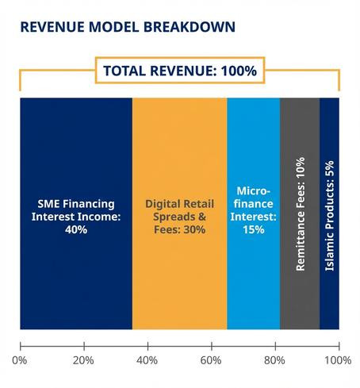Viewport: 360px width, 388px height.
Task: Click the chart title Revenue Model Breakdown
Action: pyautogui.click(x=127, y=27)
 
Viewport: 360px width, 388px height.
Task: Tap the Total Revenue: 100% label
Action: pyautogui.click(x=180, y=71)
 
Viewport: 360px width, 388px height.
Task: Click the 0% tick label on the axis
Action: pyautogui.click(x=21, y=360)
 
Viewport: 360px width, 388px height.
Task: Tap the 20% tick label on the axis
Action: pyautogui.click(x=84, y=360)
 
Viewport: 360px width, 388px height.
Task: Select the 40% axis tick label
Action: pyautogui.click(x=147, y=360)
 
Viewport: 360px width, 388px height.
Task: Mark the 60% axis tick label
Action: pyautogui.click(x=211, y=360)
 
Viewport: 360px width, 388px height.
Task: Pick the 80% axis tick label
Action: pyautogui.click(x=274, y=360)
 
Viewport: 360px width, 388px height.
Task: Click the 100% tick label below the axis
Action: pyautogui.click(x=338, y=360)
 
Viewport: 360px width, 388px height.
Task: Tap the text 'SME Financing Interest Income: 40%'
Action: pyautogui.click(x=76, y=215)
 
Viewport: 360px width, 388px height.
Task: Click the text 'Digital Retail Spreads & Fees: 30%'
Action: pyautogui.click(x=179, y=215)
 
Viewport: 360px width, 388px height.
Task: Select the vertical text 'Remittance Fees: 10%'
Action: pyautogui.click(x=300, y=214)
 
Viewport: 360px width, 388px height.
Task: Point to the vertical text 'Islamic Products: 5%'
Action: pyautogui.click(x=329, y=214)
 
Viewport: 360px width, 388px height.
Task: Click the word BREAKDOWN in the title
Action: pyautogui.click(x=190, y=27)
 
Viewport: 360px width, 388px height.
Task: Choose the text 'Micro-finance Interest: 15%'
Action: pyautogui.click(x=254, y=209)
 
